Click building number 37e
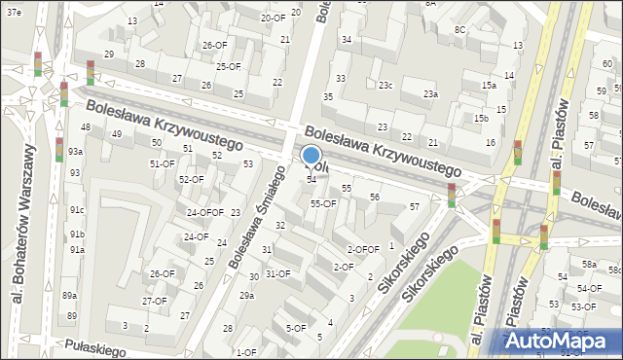click(13, 11)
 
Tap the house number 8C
click(459, 30)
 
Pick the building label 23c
click(385, 86)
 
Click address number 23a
click(430, 93)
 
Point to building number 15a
click(489, 86)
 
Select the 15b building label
click(481, 118)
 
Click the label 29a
click(246, 295)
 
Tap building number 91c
click(77, 210)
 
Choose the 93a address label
click(75, 152)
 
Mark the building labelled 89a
click(69, 295)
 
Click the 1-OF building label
click(246, 352)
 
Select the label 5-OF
click(295, 328)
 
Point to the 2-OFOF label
click(363, 249)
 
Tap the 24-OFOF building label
click(205, 212)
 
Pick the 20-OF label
click(273, 18)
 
